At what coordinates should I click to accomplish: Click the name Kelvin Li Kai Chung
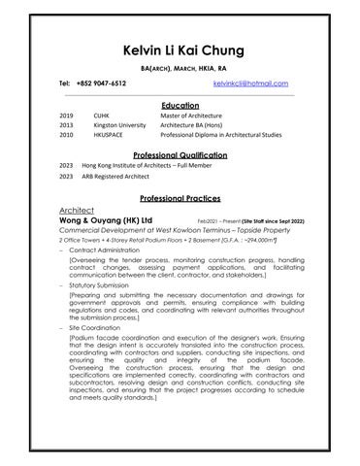[179, 50]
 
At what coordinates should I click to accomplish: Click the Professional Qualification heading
[179, 154]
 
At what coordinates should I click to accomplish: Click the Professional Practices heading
[179, 197]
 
